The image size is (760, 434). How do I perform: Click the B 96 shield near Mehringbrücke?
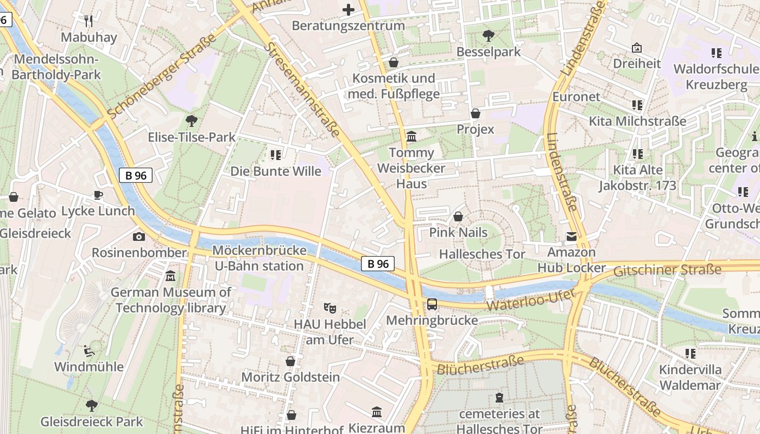378,264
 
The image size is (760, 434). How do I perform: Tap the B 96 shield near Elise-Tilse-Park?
136,175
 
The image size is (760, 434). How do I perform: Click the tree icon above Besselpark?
489,36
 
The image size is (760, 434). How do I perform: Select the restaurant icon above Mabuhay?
89,21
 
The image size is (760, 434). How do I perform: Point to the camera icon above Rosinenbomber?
139,237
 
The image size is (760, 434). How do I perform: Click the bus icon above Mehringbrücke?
432,304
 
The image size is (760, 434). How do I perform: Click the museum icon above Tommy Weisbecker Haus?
411,136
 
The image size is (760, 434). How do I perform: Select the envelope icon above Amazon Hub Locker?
572,237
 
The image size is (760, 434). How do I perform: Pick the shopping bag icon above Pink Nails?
458,216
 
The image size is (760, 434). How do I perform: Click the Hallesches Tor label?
482,254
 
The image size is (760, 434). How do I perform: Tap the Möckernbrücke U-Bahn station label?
259,258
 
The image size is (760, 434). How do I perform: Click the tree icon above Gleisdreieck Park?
92,405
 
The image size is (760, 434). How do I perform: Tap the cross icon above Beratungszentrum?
349,10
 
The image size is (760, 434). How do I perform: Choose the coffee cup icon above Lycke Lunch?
98,195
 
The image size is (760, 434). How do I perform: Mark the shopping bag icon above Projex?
476,113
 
